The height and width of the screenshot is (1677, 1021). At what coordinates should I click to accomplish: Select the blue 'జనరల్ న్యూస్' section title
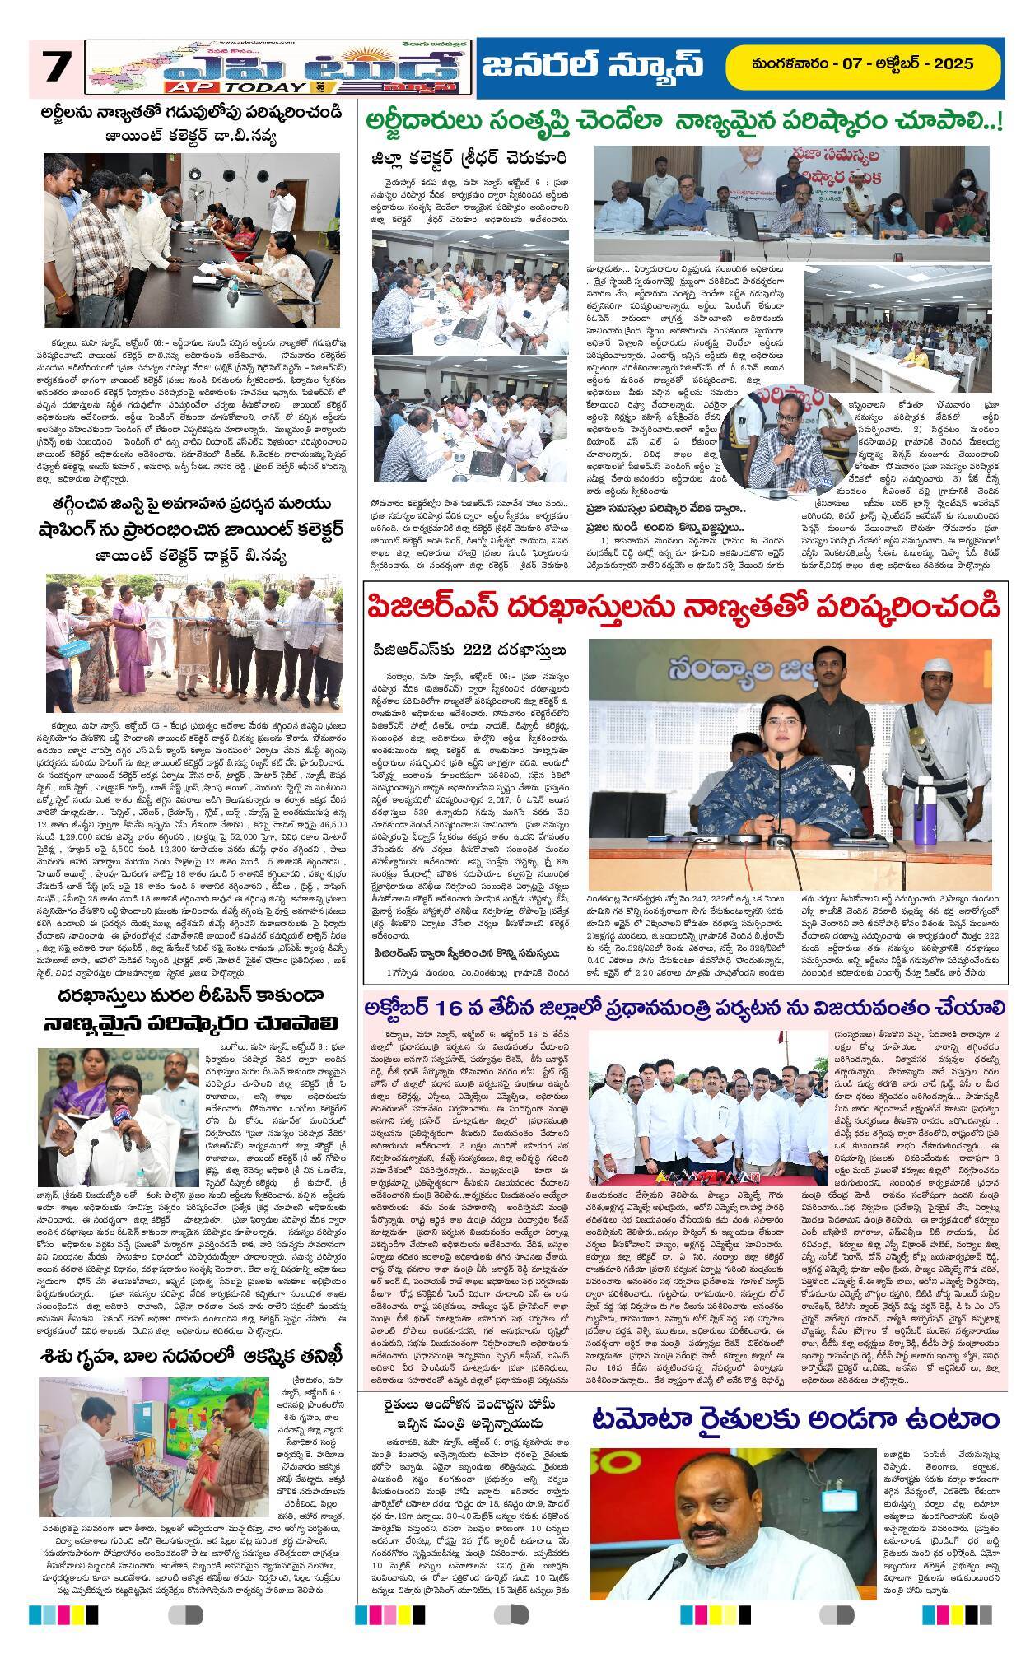tap(605, 65)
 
